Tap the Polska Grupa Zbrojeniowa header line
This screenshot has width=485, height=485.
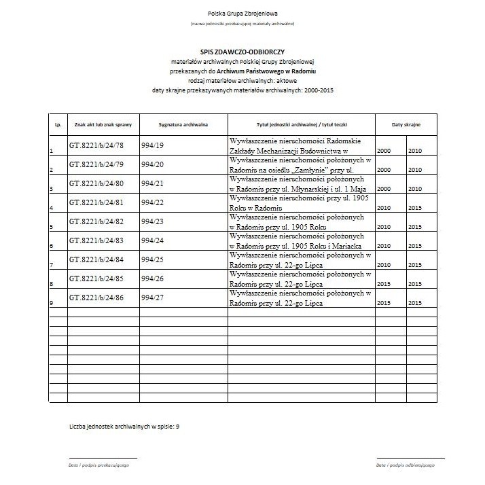tap(242, 14)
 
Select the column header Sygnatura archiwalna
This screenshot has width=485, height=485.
tap(183, 126)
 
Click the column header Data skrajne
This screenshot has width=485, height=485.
tap(406, 126)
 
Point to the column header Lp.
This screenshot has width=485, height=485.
tap(58, 126)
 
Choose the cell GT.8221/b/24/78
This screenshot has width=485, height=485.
tap(96, 145)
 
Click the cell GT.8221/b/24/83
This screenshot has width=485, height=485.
tap(96, 240)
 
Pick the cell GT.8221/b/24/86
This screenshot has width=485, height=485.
tap(96, 298)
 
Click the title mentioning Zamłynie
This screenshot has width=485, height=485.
tap(301, 164)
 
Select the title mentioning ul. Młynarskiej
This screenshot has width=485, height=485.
tap(301, 183)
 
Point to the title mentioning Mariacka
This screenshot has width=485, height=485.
tap(301, 240)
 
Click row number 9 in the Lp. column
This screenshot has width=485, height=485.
tap(52, 303)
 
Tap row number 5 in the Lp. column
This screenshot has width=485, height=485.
tap(52, 227)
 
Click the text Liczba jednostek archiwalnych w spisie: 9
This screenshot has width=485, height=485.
tap(124, 426)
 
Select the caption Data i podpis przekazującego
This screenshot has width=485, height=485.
tap(98, 465)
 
